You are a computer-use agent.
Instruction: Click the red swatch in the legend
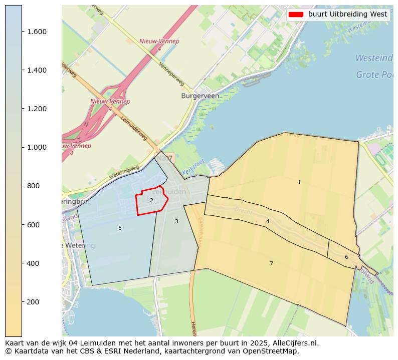pos(296,15)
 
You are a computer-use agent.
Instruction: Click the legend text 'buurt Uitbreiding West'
pos(347,15)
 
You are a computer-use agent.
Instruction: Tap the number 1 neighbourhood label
pos(299,183)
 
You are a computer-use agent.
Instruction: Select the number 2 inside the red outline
pos(151,201)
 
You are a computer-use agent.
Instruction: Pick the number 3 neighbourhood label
pos(176,221)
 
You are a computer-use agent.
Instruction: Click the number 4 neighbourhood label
pos(268,221)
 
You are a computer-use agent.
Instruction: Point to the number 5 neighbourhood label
pos(120,228)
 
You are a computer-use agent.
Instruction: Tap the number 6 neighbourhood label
pos(346,257)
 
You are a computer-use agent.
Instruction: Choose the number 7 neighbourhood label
pos(271,263)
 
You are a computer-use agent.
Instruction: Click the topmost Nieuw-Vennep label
pos(159,42)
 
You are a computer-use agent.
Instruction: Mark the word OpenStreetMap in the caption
pos(275,351)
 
